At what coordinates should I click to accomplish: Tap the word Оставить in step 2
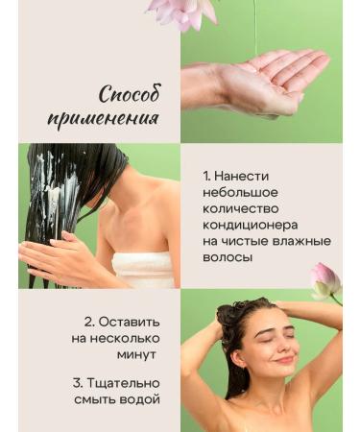128,321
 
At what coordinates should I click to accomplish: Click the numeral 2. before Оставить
89,321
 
